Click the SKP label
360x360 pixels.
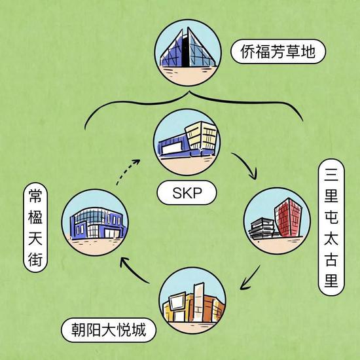[x=187, y=192]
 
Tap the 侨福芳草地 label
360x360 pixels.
[x=278, y=52]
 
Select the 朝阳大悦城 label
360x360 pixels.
[x=109, y=330]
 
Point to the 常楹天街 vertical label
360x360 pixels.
[x=35, y=227]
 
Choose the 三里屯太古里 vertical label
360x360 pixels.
[x=331, y=227]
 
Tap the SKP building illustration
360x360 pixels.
[x=187, y=139]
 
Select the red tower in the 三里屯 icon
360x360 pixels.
[x=289, y=217]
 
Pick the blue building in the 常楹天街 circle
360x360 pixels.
[x=98, y=223]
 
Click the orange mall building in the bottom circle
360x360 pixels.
[x=194, y=302]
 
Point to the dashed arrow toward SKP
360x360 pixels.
[x=127, y=171]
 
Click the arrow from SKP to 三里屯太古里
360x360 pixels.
[x=246, y=166]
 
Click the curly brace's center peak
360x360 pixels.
[x=190, y=92]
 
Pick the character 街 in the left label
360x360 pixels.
[x=35, y=260]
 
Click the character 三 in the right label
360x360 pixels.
[x=331, y=174]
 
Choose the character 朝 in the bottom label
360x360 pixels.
[x=79, y=330]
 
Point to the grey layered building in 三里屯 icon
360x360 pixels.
[x=262, y=228]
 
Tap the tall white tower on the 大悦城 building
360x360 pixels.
[x=198, y=301]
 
